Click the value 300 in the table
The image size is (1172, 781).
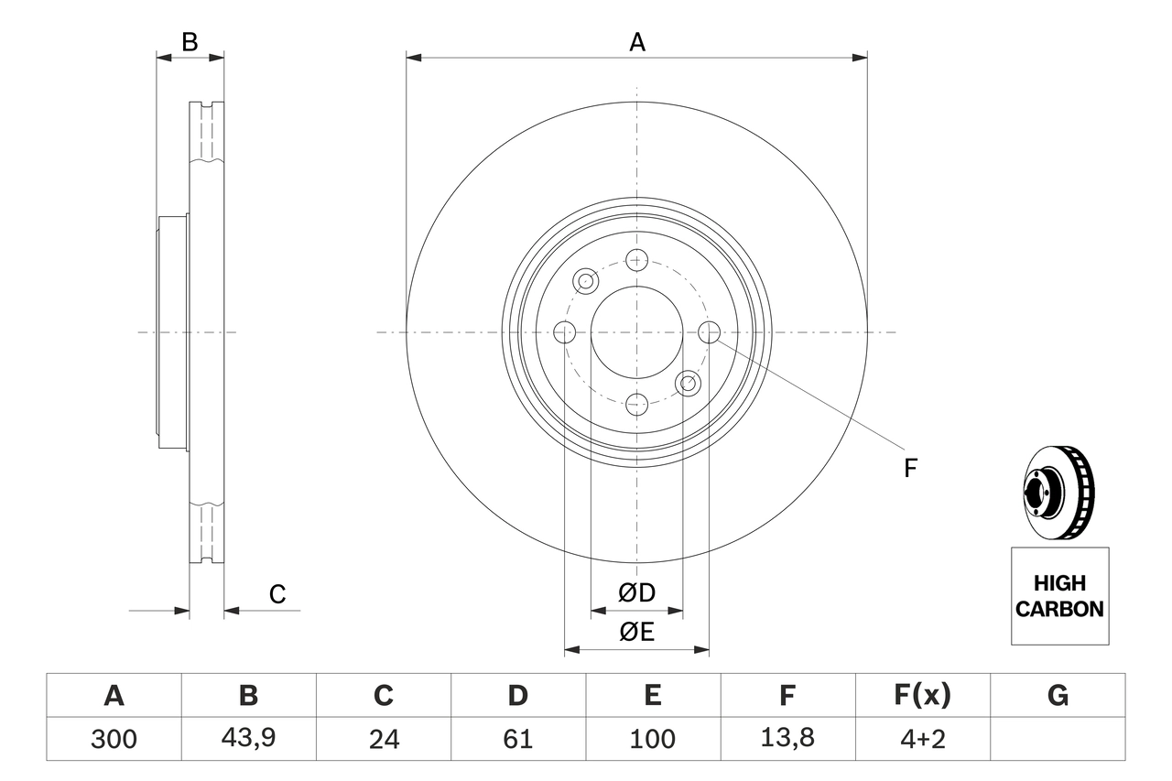click(114, 739)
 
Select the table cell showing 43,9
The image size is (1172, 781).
click(248, 739)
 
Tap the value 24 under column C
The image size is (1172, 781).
click(383, 739)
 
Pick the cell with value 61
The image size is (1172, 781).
click(517, 739)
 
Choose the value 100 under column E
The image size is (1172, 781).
click(652, 739)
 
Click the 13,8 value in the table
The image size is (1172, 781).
click(787, 739)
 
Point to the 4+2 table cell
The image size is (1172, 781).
click(922, 739)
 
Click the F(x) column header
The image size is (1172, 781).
click(922, 696)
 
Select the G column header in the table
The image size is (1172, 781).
click(1058, 696)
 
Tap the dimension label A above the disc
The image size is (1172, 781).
click(636, 42)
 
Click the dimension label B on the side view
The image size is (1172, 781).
click(190, 42)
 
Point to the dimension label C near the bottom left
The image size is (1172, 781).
click(277, 594)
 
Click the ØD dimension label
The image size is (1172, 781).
click(637, 593)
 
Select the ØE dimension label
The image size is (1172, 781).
click(637, 633)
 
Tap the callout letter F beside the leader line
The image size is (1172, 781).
click(909, 469)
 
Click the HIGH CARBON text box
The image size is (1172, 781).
click(1059, 596)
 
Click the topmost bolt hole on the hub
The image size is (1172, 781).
click(637, 260)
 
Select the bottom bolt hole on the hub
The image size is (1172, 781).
click(637, 402)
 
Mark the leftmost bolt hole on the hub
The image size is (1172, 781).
click(566, 331)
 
